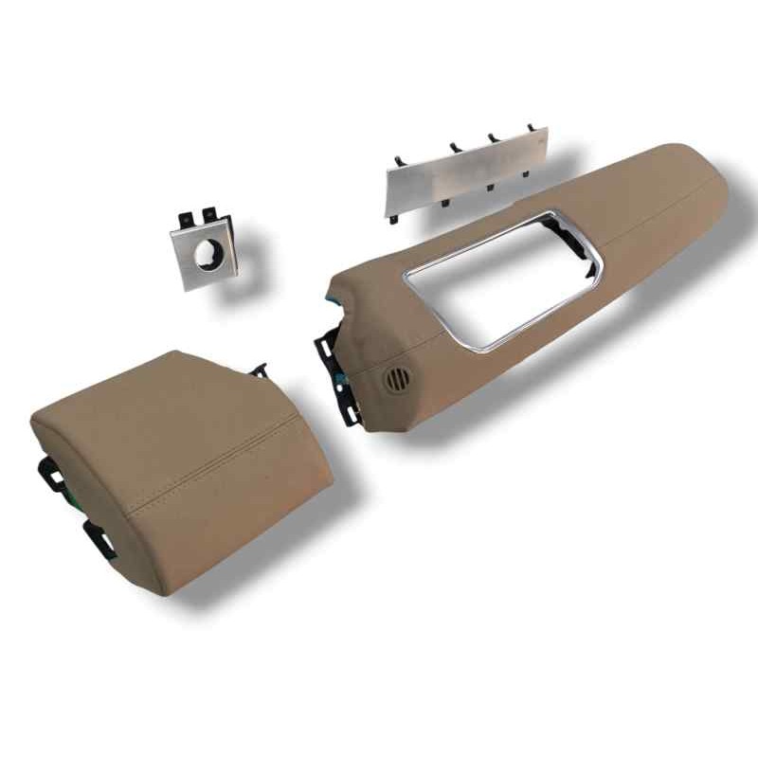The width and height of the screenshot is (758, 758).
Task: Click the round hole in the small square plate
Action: [x=208, y=253]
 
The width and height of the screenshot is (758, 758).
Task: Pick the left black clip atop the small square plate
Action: [x=186, y=220]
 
